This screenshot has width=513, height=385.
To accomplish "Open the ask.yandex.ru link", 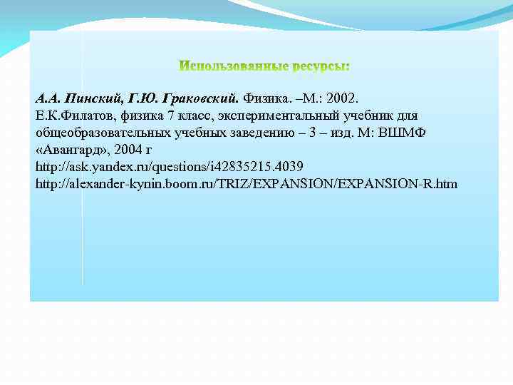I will click(x=170, y=167).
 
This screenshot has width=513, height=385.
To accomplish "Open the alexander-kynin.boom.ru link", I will click(x=247, y=184).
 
